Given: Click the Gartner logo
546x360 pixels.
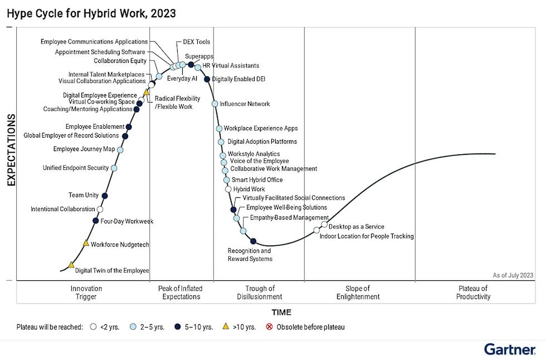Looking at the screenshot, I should click(509, 349).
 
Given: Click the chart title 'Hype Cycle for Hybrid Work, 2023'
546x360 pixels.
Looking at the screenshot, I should click(91, 13).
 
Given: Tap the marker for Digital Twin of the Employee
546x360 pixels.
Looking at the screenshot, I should click(71, 265).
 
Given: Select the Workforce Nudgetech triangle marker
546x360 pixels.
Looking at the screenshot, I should click(86, 243).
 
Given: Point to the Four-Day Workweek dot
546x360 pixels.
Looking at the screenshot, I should click(95, 221).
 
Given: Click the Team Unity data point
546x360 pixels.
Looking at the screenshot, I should click(105, 195).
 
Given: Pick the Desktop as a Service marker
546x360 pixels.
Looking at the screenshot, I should click(324, 225).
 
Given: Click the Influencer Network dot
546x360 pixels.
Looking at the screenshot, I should click(215, 104).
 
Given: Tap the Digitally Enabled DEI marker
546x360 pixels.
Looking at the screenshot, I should click(207, 79).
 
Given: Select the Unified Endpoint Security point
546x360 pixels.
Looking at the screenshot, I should click(114, 168).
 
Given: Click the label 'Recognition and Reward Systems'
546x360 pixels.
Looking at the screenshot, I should click(250, 255).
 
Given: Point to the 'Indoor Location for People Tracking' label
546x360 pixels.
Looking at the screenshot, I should click(366, 236).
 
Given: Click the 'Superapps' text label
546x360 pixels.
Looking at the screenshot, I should click(199, 56).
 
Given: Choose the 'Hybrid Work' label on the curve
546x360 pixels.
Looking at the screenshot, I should click(249, 189).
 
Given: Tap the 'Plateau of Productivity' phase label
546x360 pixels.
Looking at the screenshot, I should click(473, 293).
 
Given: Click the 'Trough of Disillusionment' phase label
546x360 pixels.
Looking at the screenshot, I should click(260, 293).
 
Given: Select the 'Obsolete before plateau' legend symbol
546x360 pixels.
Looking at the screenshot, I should click(270, 327).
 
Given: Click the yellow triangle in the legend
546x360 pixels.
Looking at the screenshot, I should click(226, 327).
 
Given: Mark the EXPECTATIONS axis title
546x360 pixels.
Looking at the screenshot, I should click(11, 150).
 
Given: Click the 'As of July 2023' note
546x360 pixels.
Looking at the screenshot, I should click(513, 275).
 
